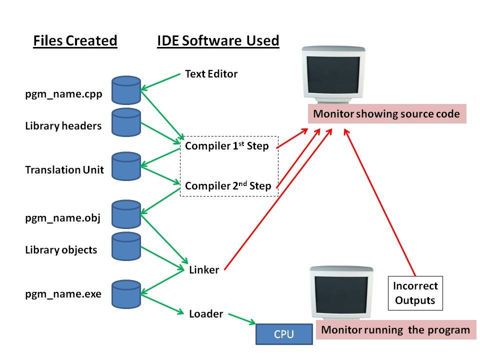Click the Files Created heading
point(75,40)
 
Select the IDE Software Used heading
point(218,40)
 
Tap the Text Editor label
point(211,74)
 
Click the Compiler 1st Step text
point(226,146)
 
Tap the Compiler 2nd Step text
point(228,186)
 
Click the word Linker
point(204,270)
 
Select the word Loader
point(205,314)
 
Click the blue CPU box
point(283,334)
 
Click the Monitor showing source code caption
point(386,114)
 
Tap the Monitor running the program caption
point(395,330)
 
